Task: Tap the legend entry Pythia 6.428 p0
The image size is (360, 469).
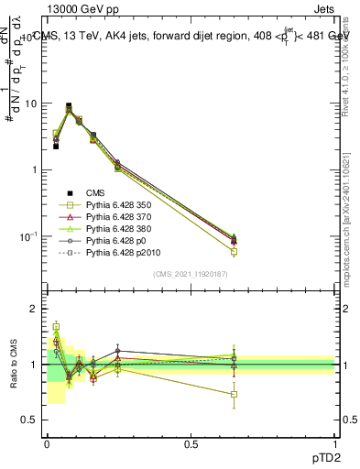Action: click(x=117, y=245)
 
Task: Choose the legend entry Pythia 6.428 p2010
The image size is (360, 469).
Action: click(x=123, y=258)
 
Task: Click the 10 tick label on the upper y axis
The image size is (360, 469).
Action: click(x=29, y=104)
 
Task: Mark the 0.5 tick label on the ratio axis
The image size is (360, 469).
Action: click(x=29, y=420)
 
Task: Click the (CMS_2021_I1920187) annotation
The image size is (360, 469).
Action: click(x=190, y=274)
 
